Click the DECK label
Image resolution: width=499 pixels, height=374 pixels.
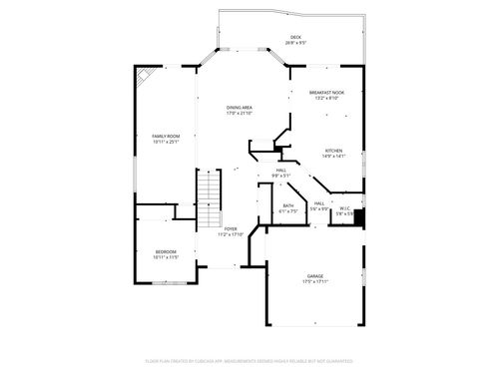point(295,37)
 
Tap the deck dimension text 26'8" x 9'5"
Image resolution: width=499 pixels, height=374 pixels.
point(295,43)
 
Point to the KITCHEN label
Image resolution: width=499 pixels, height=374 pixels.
point(333,150)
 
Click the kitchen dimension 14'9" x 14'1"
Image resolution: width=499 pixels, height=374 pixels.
point(333,156)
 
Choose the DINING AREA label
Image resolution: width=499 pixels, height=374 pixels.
point(239,108)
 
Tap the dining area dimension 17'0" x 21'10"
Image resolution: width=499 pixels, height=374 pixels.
point(239,114)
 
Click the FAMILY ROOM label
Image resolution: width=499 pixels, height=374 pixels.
point(165,136)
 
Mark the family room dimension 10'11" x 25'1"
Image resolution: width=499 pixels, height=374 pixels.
point(165,142)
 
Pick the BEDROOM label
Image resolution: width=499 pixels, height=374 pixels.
point(165,251)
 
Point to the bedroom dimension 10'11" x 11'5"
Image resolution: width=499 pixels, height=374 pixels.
point(165,257)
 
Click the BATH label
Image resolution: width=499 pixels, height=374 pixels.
point(287,205)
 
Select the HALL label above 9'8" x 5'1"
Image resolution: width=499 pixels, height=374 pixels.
point(282,171)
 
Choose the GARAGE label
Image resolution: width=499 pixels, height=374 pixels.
point(314,276)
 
